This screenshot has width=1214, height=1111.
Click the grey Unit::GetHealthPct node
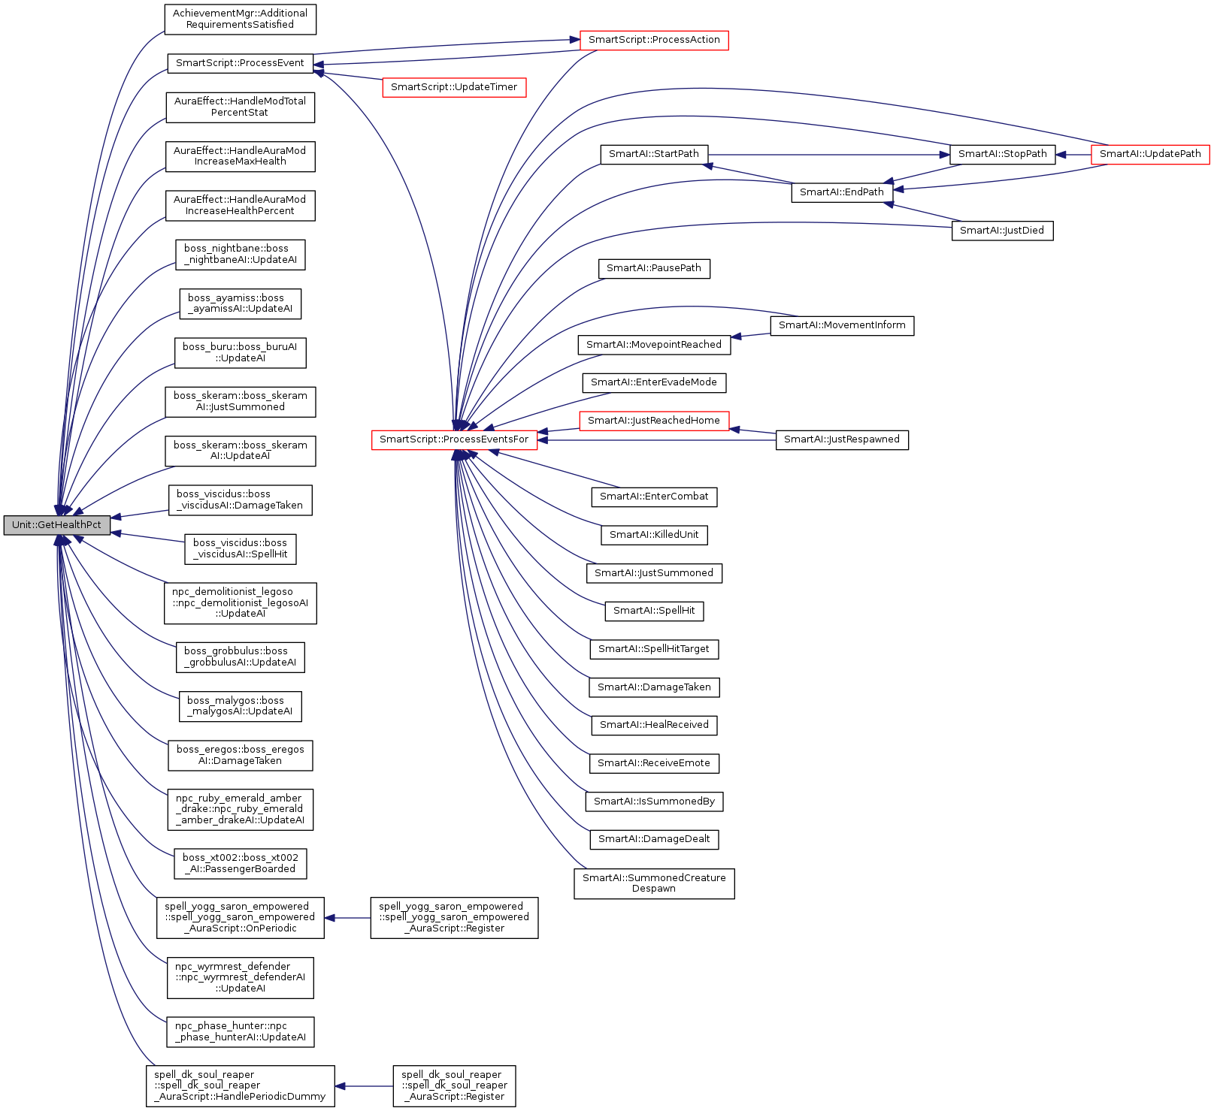[56, 525]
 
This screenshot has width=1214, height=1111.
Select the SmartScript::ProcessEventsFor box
[454, 439]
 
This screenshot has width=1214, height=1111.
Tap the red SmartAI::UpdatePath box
[1150, 154]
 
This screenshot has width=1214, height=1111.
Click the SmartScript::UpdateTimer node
[454, 87]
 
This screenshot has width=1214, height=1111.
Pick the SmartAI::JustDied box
[1002, 231]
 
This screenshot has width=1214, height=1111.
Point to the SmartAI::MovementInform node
[842, 325]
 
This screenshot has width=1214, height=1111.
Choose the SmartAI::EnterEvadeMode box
[654, 382]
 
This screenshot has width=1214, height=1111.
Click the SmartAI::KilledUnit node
[654, 535]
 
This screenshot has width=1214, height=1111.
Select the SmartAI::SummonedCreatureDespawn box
[654, 883]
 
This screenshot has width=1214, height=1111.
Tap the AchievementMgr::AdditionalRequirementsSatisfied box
[241, 19]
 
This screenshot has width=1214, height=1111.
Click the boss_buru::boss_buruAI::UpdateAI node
[241, 352]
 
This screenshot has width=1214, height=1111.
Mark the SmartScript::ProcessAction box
[654, 40]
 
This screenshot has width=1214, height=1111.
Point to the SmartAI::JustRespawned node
[842, 439]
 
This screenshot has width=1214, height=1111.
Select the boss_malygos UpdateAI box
[241, 706]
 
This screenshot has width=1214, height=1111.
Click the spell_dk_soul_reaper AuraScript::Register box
[454, 1085]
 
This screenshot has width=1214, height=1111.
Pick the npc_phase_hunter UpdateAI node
[241, 1031]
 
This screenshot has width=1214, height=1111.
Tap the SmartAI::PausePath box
[654, 268]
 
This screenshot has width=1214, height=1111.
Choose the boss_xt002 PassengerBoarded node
[241, 863]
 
